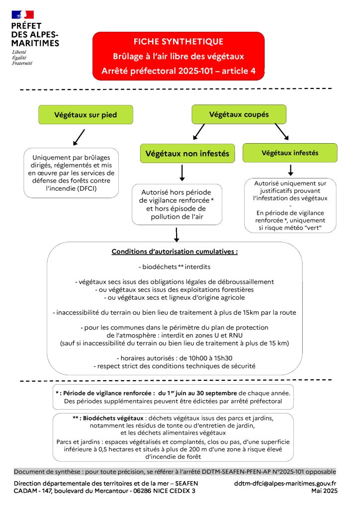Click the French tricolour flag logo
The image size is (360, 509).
[x=23, y=14]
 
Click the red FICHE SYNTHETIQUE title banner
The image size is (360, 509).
[x=179, y=56]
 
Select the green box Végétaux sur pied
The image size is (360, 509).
[x=86, y=115]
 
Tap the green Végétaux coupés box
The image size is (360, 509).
[x=239, y=114]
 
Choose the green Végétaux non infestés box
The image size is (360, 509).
[x=187, y=153]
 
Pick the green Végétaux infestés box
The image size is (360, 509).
[x=290, y=153]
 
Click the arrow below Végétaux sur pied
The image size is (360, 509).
[x=79, y=137]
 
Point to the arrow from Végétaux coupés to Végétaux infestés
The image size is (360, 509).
[x=282, y=131]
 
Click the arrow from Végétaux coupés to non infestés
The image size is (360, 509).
[x=199, y=131]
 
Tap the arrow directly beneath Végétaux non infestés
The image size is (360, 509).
[x=182, y=173]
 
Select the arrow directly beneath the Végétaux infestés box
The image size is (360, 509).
[x=290, y=170]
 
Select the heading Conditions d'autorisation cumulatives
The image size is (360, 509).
[x=175, y=252]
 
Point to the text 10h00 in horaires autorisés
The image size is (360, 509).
[x=188, y=358]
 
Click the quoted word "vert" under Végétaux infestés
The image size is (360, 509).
[x=314, y=228]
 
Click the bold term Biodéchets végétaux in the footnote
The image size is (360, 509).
[x=113, y=418]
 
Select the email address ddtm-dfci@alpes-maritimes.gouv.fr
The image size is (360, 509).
[x=285, y=483]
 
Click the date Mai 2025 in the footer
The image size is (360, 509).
[x=324, y=491]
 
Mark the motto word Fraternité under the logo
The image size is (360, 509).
[x=22, y=63]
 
